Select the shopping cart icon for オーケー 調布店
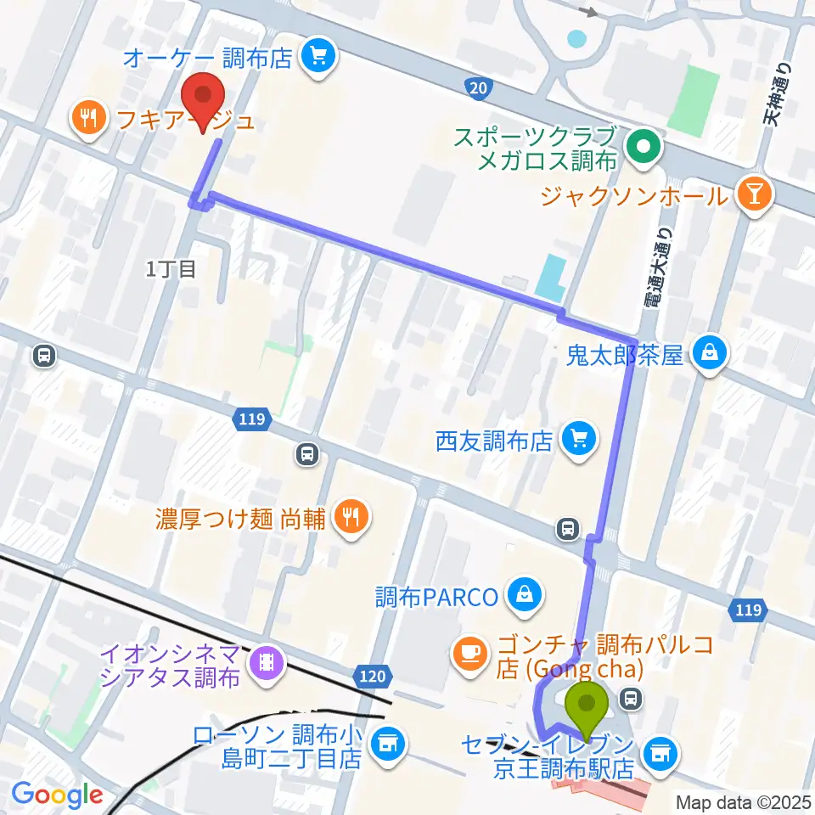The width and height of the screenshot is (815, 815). point(320,58)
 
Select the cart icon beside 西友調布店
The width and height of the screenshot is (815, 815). point(580,440)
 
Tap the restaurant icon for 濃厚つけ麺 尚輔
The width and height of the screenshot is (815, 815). point(349,518)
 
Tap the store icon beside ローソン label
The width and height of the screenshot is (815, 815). point(388,745)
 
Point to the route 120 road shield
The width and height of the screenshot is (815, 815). point(373,677)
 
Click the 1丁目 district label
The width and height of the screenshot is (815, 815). point(171,270)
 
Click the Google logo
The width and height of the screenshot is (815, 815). point(57,795)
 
